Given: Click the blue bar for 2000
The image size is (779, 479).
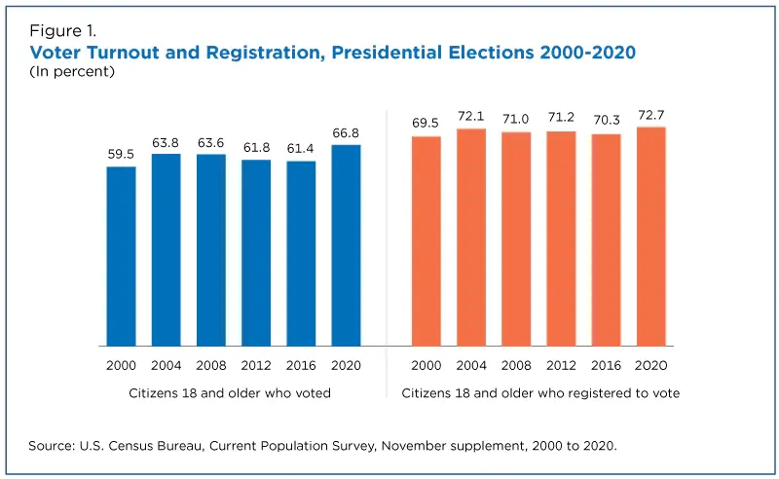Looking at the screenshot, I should [x=121, y=256].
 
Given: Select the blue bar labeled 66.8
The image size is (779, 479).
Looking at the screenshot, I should [x=346, y=245].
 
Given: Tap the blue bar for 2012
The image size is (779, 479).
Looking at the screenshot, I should [x=256, y=253].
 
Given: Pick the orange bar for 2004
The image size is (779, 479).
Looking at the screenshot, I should [x=471, y=238].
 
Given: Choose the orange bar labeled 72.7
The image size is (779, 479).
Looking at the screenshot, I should [x=650, y=237].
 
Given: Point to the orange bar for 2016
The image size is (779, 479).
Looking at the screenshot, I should [x=606, y=239].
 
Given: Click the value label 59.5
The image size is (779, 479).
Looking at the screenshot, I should [x=121, y=154].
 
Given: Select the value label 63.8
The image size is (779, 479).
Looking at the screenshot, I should [x=166, y=141].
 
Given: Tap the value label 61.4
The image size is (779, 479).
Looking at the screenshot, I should [x=301, y=148].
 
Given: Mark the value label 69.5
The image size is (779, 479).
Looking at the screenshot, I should [x=427, y=124].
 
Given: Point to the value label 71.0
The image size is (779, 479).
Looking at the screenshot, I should [x=516, y=119].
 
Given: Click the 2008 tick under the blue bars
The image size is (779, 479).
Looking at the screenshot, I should [x=210, y=365].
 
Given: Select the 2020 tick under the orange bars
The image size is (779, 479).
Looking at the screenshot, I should [x=650, y=365].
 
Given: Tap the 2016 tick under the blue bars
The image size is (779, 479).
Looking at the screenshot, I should [x=301, y=365].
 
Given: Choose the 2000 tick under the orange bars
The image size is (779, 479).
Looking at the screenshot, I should [x=427, y=365].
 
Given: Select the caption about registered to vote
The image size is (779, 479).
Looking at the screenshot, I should [x=540, y=393].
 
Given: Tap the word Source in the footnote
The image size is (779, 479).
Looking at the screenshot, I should [x=51, y=446].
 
